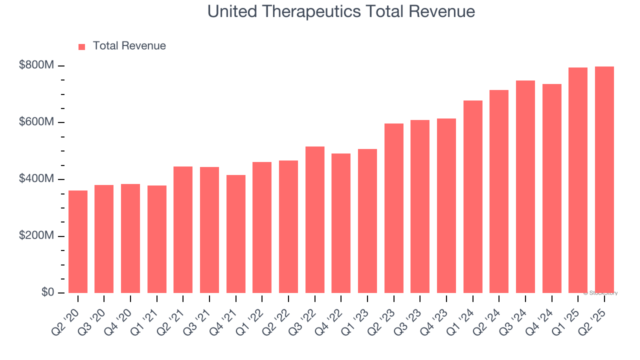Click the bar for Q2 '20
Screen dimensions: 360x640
click(78, 241)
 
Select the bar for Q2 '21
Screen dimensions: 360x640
click(183, 229)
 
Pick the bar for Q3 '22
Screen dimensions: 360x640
click(314, 219)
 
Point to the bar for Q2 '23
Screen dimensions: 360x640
click(393, 208)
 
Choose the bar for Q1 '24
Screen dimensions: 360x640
click(472, 196)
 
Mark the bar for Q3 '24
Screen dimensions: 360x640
click(525, 186)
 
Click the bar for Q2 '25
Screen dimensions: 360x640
click(604, 179)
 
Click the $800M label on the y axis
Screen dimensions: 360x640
click(36, 65)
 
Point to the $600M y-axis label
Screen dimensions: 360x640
click(36, 122)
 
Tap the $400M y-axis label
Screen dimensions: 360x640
click(36, 179)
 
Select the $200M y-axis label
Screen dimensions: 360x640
click(36, 235)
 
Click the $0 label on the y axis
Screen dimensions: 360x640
click(48, 292)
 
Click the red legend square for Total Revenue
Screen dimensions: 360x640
click(82, 46)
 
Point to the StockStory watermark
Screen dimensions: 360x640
click(600, 293)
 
